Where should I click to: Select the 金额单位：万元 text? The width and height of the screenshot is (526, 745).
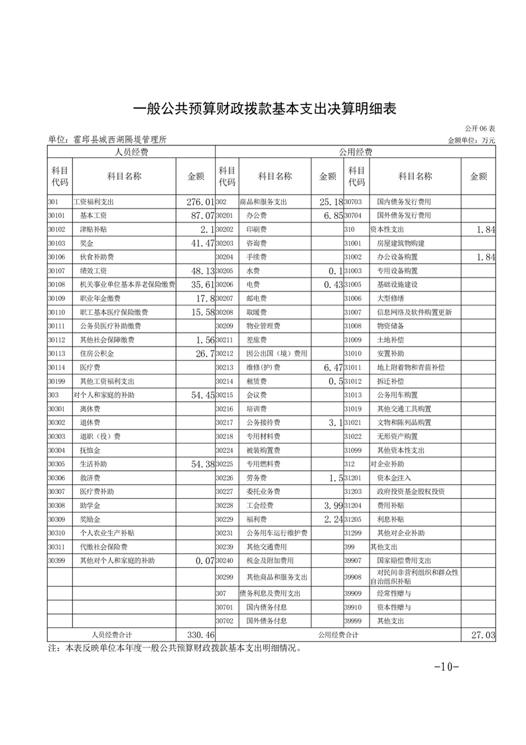[x=472, y=140]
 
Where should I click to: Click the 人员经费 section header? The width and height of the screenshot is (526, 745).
[x=131, y=152]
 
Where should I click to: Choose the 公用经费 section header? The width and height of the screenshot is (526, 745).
[x=356, y=152]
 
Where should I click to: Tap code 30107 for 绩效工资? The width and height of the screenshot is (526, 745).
[x=56, y=271]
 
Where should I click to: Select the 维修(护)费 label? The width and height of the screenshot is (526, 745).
[x=263, y=367]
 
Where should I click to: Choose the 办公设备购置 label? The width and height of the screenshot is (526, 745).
[x=397, y=257]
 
